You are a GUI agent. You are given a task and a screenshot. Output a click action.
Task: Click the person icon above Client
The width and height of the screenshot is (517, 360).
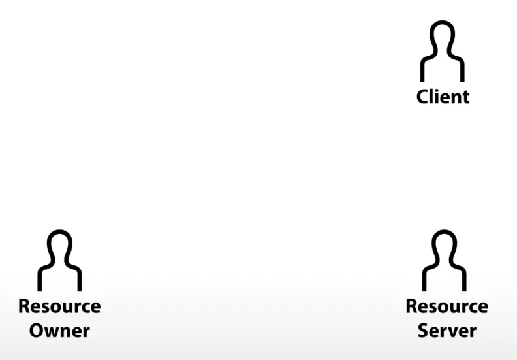[x=443, y=52]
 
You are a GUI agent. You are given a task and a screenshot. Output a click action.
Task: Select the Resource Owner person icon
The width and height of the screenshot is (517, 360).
[x=59, y=261]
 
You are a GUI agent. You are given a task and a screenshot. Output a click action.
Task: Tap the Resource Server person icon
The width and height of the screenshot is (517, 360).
[x=443, y=261]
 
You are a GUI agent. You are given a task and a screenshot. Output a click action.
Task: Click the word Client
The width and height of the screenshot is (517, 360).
[x=443, y=97]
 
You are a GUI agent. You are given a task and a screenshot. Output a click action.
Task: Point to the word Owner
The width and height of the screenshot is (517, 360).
[x=59, y=330]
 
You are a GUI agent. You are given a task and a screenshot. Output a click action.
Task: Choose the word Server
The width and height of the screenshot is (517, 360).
[x=447, y=330]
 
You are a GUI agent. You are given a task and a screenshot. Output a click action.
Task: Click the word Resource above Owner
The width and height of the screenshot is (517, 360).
[x=59, y=306]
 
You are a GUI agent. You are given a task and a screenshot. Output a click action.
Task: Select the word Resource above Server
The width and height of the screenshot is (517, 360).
[x=447, y=306]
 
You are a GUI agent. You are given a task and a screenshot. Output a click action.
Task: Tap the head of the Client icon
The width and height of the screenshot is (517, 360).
[x=443, y=37]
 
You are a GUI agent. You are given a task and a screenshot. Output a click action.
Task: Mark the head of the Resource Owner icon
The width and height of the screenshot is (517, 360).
[x=59, y=246]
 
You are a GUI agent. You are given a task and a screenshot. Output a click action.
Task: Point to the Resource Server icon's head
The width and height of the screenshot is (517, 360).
[x=443, y=246]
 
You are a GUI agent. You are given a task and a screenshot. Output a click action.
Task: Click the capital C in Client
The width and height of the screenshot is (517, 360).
[x=423, y=97]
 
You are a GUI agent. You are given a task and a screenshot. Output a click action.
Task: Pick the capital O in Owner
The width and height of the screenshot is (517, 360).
[x=37, y=330]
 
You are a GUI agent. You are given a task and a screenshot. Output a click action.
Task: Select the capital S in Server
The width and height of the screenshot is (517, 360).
[x=424, y=330]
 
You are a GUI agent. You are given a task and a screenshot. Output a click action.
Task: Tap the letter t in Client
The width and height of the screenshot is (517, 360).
[x=465, y=97]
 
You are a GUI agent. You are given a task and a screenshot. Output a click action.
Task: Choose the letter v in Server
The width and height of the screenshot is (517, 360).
[x=457, y=331]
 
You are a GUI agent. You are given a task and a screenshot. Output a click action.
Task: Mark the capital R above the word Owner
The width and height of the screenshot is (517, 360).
[x=24, y=306]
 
